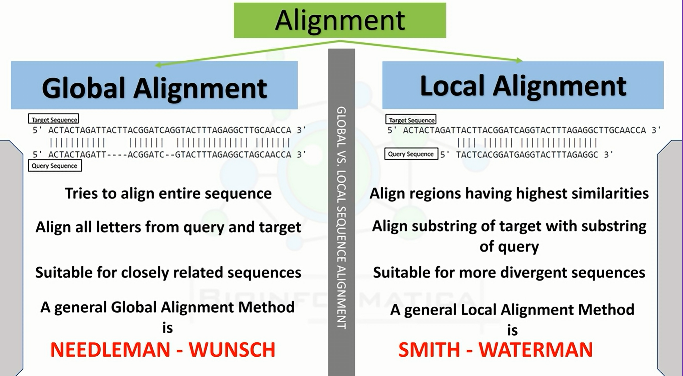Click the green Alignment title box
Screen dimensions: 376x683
pyautogui.click(x=340, y=20)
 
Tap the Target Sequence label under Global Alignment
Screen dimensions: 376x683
pyautogui.click(x=54, y=119)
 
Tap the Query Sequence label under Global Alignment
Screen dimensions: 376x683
pyautogui.click(x=55, y=166)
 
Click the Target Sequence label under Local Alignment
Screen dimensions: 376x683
pyautogui.click(x=411, y=119)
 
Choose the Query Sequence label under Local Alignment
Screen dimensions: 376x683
pyautogui.click(x=411, y=154)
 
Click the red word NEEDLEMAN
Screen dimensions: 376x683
pyautogui.click(x=110, y=350)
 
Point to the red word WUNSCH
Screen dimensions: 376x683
pyautogui.click(x=232, y=350)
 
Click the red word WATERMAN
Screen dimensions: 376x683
pyautogui.click(x=536, y=350)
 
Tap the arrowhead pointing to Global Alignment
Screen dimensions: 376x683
pyautogui.click(x=158, y=65)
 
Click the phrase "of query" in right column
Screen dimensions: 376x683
pyautogui.click(x=509, y=247)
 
